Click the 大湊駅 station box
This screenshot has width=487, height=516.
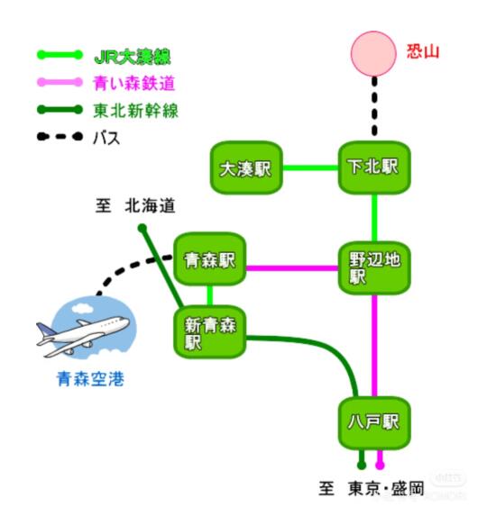pyautogui.click(x=246, y=167)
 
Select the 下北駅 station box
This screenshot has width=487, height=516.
pyautogui.click(x=374, y=167)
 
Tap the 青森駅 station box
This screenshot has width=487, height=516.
pyautogui.click(x=210, y=259)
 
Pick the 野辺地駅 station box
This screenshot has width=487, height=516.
pyautogui.click(x=374, y=267)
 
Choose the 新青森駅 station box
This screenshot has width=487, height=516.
pyautogui.click(x=210, y=332)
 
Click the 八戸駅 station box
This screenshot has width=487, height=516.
pyautogui.click(x=374, y=423)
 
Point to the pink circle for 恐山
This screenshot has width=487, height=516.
pyautogui.click(x=373, y=54)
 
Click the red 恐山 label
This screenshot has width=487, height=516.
pyautogui.click(x=423, y=52)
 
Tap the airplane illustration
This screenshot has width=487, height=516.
pyautogui.click(x=83, y=336)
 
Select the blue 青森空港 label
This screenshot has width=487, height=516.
pyautogui.click(x=90, y=379)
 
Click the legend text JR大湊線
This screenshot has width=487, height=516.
pyautogui.click(x=133, y=57)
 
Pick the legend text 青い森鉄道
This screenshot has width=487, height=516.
pyautogui.click(x=133, y=83)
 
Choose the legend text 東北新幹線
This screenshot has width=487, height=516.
pyautogui.click(x=136, y=111)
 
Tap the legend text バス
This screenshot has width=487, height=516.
pyautogui.click(x=106, y=138)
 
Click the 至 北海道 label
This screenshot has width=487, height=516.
pyautogui.click(x=135, y=206)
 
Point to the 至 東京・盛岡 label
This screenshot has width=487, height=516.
pyautogui.click(x=371, y=488)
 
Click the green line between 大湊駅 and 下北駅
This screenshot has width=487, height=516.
pyautogui.click(x=311, y=167)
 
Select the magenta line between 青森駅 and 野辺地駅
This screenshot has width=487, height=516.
pyautogui.click(x=292, y=268)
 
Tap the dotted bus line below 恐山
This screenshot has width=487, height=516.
pyautogui.click(x=374, y=106)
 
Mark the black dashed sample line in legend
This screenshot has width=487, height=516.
pyautogui.click(x=60, y=136)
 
